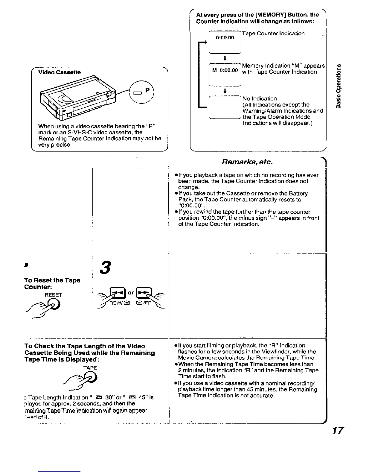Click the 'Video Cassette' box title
[59, 72]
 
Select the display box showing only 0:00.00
[225, 42]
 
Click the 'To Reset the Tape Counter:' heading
[52, 283]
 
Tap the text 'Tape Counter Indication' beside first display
[273, 33]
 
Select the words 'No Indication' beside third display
[260, 98]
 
